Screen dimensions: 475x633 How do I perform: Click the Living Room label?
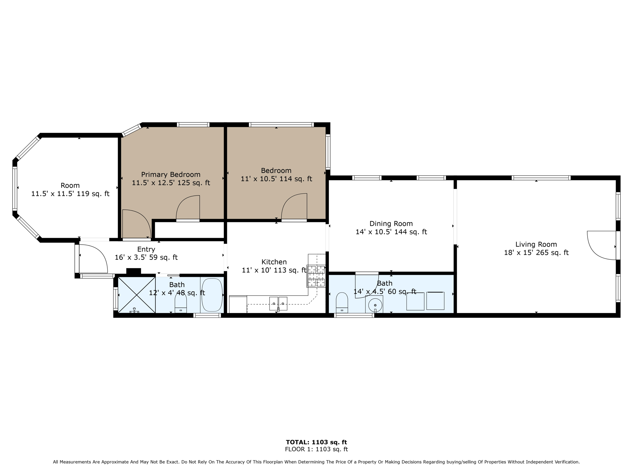536,244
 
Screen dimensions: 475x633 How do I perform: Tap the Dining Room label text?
391,224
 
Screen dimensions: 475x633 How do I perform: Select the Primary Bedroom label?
171,174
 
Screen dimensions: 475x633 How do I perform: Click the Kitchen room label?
274,262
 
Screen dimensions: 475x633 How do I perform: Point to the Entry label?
146,249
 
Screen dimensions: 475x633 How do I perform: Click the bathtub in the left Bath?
212,295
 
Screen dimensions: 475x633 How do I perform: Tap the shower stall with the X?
137,295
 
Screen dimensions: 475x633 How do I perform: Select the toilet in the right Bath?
342,303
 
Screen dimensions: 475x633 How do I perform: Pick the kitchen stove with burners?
316,276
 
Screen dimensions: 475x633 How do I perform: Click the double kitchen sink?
278,303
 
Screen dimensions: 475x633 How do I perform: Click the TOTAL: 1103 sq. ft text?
316,442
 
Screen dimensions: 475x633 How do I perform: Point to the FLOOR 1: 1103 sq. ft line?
316,449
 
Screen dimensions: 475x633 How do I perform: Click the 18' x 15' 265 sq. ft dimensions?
536,253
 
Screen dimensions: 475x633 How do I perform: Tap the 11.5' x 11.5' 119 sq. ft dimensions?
70,194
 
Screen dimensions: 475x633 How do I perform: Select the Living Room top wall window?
541,178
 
